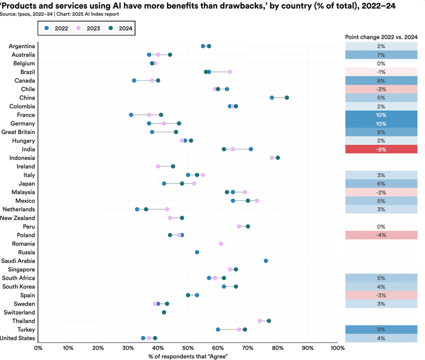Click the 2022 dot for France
pyautogui.click(x=131, y=115)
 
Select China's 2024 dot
pyautogui.click(x=287, y=98)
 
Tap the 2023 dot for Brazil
pyautogui.click(x=230, y=72)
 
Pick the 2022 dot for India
pyautogui.click(x=251, y=149)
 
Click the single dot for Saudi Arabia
pyautogui.click(x=266, y=261)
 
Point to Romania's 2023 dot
pyautogui.click(x=221, y=244)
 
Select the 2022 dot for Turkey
pyautogui.click(x=218, y=330)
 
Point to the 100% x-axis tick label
pyautogui.click(x=337, y=348)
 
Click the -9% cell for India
pyautogui.click(x=381, y=149)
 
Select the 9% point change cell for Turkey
pyautogui.click(x=381, y=330)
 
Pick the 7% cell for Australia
pyautogui.click(x=381, y=55)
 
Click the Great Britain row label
pyautogui.click(x=19, y=132)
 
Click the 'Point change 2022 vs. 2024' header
pyautogui.click(x=381, y=37)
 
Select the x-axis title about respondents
pyautogui.click(x=188, y=356)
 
